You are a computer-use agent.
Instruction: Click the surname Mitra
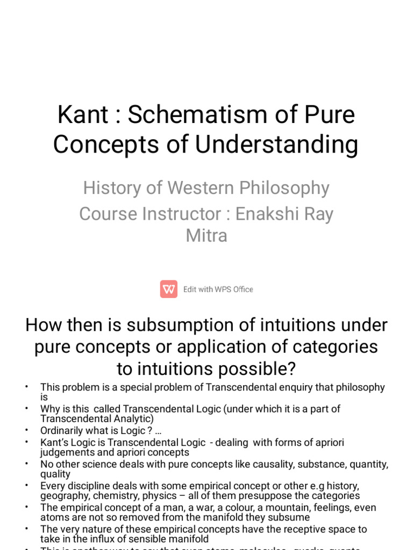tap(206, 235)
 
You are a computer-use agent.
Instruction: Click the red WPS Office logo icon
tap(169, 289)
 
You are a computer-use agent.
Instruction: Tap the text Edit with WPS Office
tap(218, 290)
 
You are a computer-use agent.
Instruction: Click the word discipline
tap(88, 486)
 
